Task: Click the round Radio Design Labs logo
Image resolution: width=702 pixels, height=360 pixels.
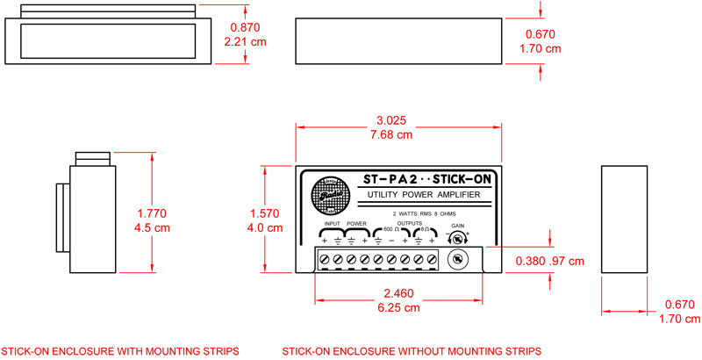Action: tap(330, 197)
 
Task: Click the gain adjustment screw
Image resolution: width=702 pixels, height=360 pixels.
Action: tap(455, 259)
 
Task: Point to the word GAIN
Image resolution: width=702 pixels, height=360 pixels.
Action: tap(458, 226)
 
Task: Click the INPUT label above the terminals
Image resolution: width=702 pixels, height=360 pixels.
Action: tap(330, 224)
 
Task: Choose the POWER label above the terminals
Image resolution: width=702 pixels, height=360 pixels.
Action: tap(357, 224)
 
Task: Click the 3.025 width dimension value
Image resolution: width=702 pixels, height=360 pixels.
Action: tap(391, 120)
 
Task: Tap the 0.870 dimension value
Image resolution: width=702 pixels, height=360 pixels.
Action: tap(242, 27)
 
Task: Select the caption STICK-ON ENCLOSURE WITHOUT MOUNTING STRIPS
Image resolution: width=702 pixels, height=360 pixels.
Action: tap(412, 350)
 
